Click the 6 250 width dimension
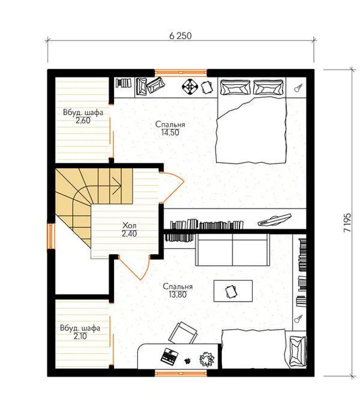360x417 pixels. [x=180, y=36]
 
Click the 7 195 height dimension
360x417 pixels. [x=347, y=223]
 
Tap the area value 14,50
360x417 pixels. [x=171, y=132]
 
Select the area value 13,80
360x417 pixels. [x=178, y=295]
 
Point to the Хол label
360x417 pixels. [x=130, y=226]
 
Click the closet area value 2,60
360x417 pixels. [x=83, y=121]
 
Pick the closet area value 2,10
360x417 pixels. [x=80, y=336]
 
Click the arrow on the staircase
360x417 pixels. [x=116, y=186]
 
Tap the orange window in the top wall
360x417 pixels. [x=181, y=72]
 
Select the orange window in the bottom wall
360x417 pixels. [x=181, y=373]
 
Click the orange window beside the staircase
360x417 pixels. [x=51, y=236]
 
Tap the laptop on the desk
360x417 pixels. [x=169, y=356]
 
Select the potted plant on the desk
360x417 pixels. [x=207, y=359]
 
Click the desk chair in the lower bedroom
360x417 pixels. [x=182, y=333]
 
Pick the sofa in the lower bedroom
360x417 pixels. [x=233, y=250]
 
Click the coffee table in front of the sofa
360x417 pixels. [x=233, y=291]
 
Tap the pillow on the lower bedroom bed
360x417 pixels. [x=297, y=351]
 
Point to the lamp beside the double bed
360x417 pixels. [x=298, y=88]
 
